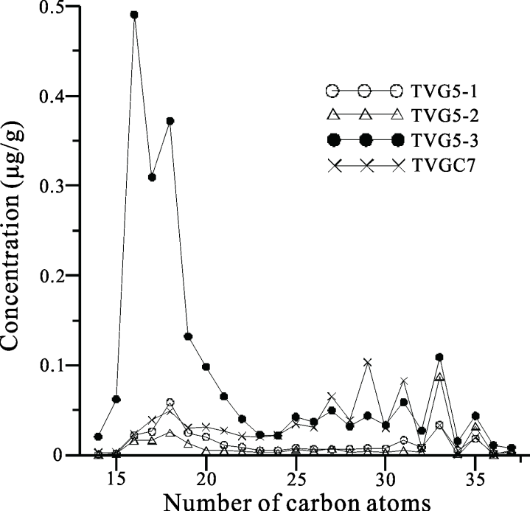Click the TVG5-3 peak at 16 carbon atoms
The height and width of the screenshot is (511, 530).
coord(134,15)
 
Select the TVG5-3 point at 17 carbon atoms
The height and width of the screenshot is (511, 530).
coord(153,177)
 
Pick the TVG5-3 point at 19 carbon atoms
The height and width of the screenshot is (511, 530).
coord(188,336)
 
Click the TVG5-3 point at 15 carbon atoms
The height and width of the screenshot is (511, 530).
coord(116,399)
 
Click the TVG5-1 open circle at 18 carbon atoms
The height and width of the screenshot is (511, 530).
coord(170,403)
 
